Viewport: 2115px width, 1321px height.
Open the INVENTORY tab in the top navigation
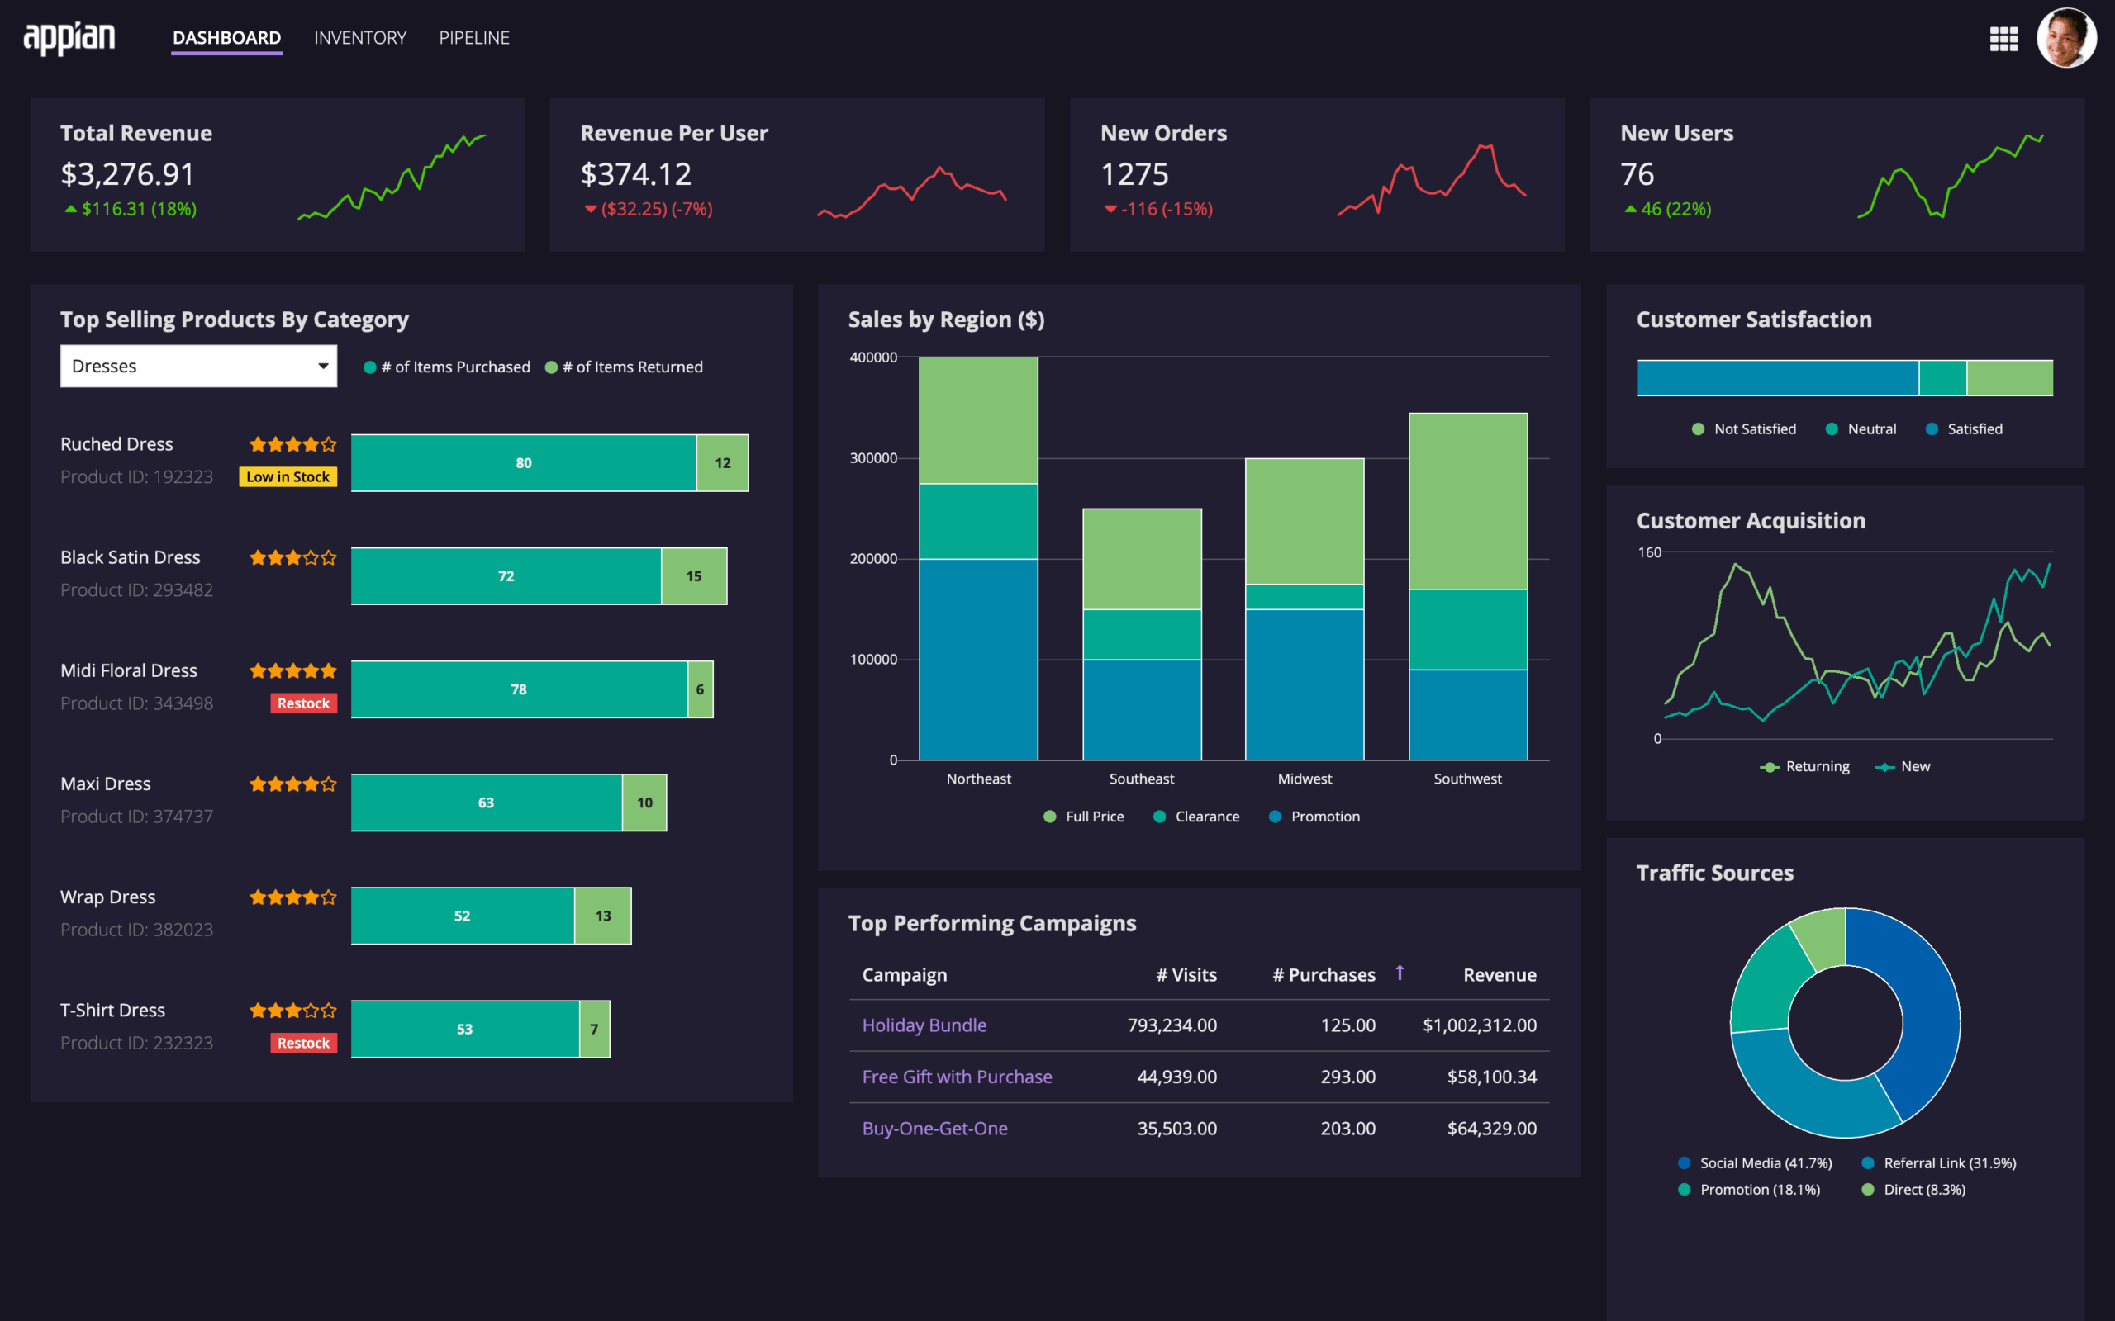pos(360,38)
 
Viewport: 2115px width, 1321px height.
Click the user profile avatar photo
pos(2066,39)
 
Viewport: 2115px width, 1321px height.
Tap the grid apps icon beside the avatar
pos(2003,39)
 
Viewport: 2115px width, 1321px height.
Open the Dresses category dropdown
pos(198,366)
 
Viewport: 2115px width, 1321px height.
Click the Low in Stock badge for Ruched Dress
pos(288,477)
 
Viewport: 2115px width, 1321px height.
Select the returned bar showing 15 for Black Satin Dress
pos(694,576)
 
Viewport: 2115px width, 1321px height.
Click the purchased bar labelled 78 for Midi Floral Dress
pos(518,689)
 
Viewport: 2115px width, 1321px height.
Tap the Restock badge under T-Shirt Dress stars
pos(303,1043)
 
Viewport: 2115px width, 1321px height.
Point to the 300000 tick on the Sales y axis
pos(873,457)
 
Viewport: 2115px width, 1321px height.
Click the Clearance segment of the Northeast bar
pos(978,522)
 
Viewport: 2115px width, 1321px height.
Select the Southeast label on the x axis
pos(1142,779)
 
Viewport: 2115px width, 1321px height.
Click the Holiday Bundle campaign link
pos(924,1025)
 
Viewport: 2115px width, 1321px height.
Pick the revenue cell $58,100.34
pos(1491,1077)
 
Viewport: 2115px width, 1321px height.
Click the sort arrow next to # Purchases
pos(1400,973)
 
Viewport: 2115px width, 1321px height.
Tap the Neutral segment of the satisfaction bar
pos(1942,378)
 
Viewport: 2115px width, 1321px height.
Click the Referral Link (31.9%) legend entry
pos(1939,1162)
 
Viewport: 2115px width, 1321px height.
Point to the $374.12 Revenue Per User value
pos(635,175)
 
